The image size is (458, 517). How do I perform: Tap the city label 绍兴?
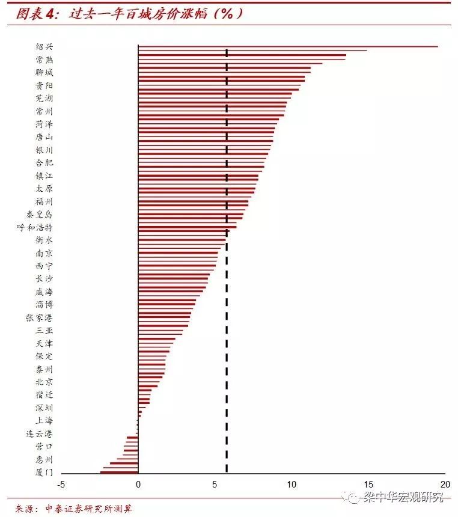pyautogui.click(x=44, y=47)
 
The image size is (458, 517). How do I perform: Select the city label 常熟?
pyautogui.click(x=44, y=60)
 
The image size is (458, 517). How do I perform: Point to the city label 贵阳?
pyautogui.click(x=44, y=85)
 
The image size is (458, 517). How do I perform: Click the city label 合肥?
pyautogui.click(x=44, y=162)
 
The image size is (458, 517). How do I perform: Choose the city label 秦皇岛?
pyautogui.click(x=40, y=214)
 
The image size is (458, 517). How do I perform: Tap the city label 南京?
pyautogui.click(x=44, y=253)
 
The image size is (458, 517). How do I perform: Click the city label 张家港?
pyautogui.click(x=40, y=317)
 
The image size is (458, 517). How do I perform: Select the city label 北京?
pyautogui.click(x=44, y=382)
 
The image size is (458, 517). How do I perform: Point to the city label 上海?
pyautogui.click(x=44, y=420)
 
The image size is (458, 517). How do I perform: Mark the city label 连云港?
pyautogui.click(x=40, y=433)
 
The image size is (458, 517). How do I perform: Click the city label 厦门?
pyautogui.click(x=44, y=472)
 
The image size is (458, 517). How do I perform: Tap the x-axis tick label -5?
pyautogui.click(x=61, y=485)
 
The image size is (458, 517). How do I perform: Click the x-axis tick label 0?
pyautogui.click(x=138, y=485)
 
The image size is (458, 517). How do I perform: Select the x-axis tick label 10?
pyautogui.click(x=292, y=485)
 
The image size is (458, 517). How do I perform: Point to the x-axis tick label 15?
pyautogui.click(x=368, y=485)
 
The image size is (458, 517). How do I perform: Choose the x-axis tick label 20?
pyautogui.click(x=445, y=485)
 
